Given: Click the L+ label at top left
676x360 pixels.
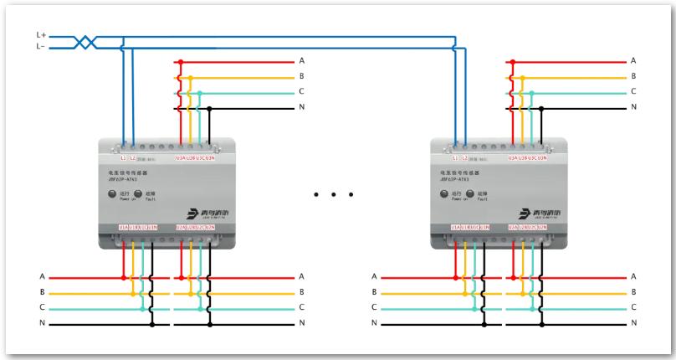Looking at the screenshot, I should point(40,36).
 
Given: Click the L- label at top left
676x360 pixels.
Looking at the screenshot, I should point(40,48).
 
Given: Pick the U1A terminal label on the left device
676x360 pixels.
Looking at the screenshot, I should point(123,227).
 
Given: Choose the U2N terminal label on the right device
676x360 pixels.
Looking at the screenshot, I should point(542,227).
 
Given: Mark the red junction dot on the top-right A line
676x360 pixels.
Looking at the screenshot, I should point(511,61).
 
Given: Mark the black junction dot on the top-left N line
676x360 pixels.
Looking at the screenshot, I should point(210,108).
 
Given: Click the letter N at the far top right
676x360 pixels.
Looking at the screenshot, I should point(633,107).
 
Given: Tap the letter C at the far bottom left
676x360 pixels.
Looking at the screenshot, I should point(41,307).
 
